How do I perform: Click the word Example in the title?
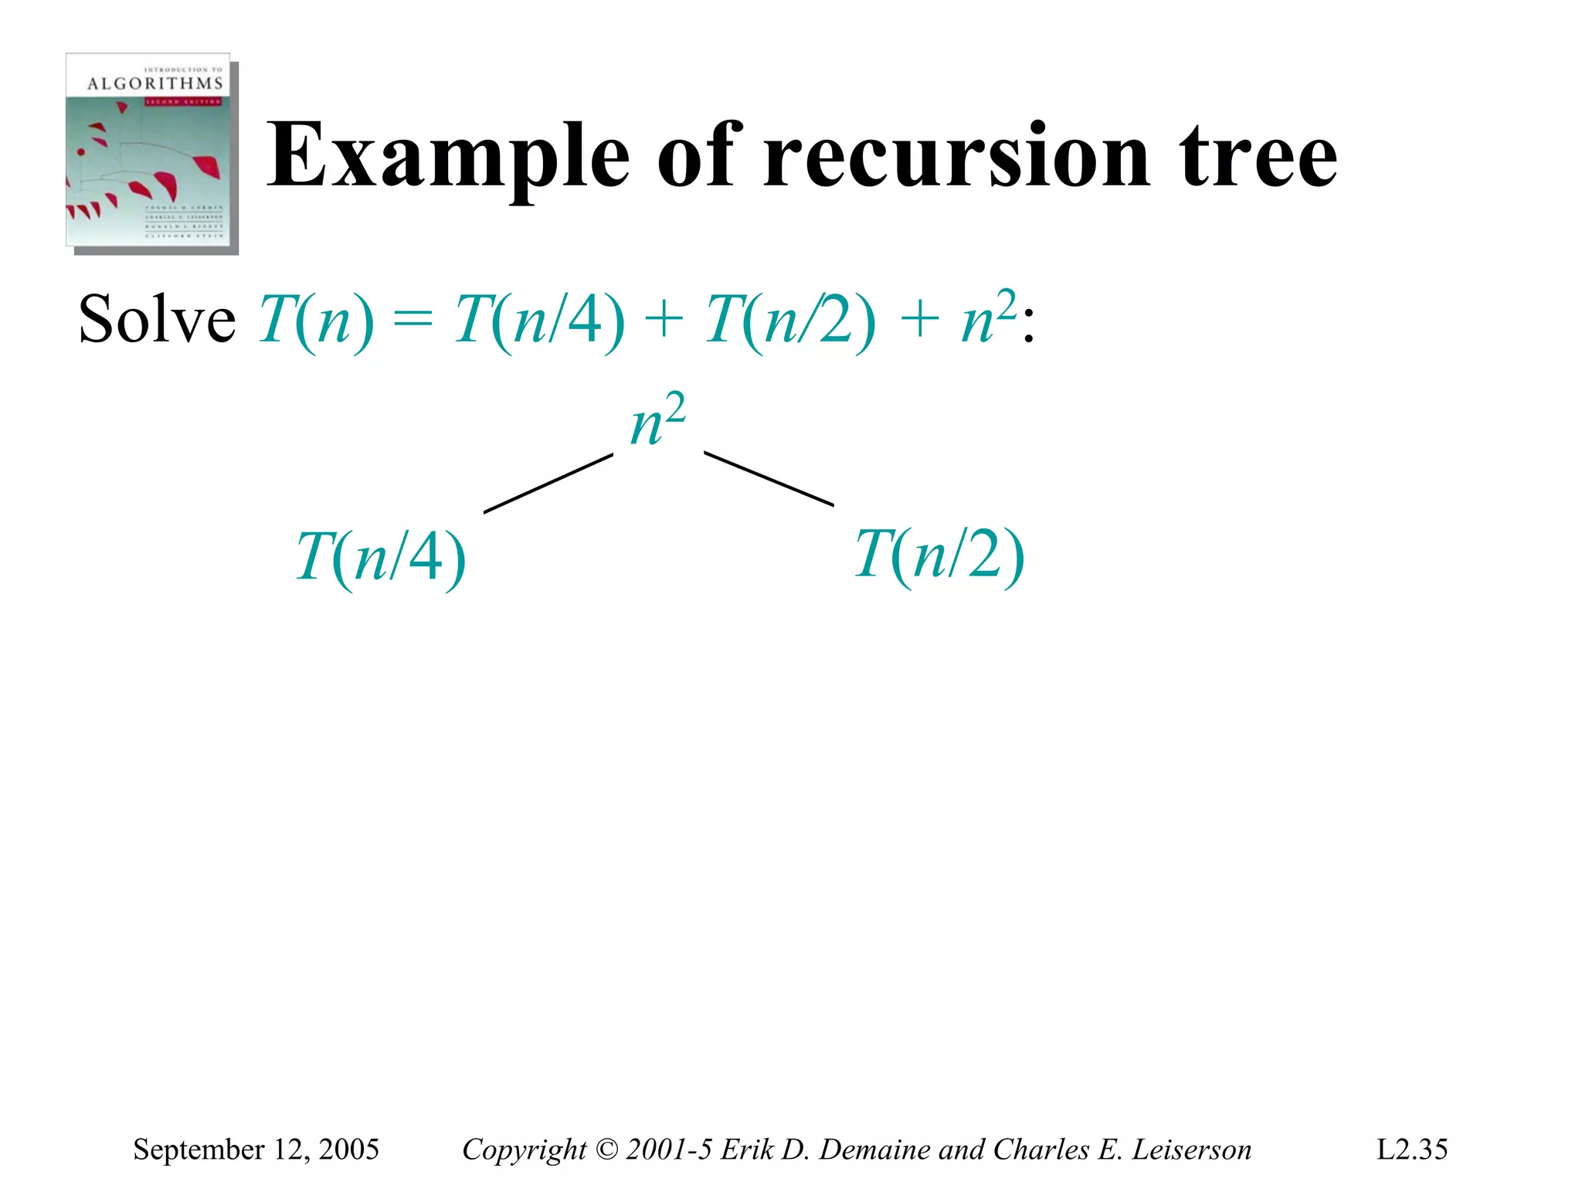(x=448, y=157)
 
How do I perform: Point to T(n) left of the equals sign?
(x=316, y=321)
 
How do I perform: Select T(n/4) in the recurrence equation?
(x=539, y=321)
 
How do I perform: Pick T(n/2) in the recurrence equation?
(x=790, y=321)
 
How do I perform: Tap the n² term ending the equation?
(x=989, y=317)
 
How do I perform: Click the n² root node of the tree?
(x=657, y=421)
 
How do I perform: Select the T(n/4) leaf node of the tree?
(x=381, y=558)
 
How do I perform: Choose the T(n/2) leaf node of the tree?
(x=939, y=555)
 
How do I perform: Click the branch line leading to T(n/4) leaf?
(x=548, y=484)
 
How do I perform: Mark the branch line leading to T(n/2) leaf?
(x=769, y=479)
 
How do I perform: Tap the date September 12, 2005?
(x=256, y=1149)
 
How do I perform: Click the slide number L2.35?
(x=1411, y=1149)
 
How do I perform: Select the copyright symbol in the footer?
(x=607, y=1149)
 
